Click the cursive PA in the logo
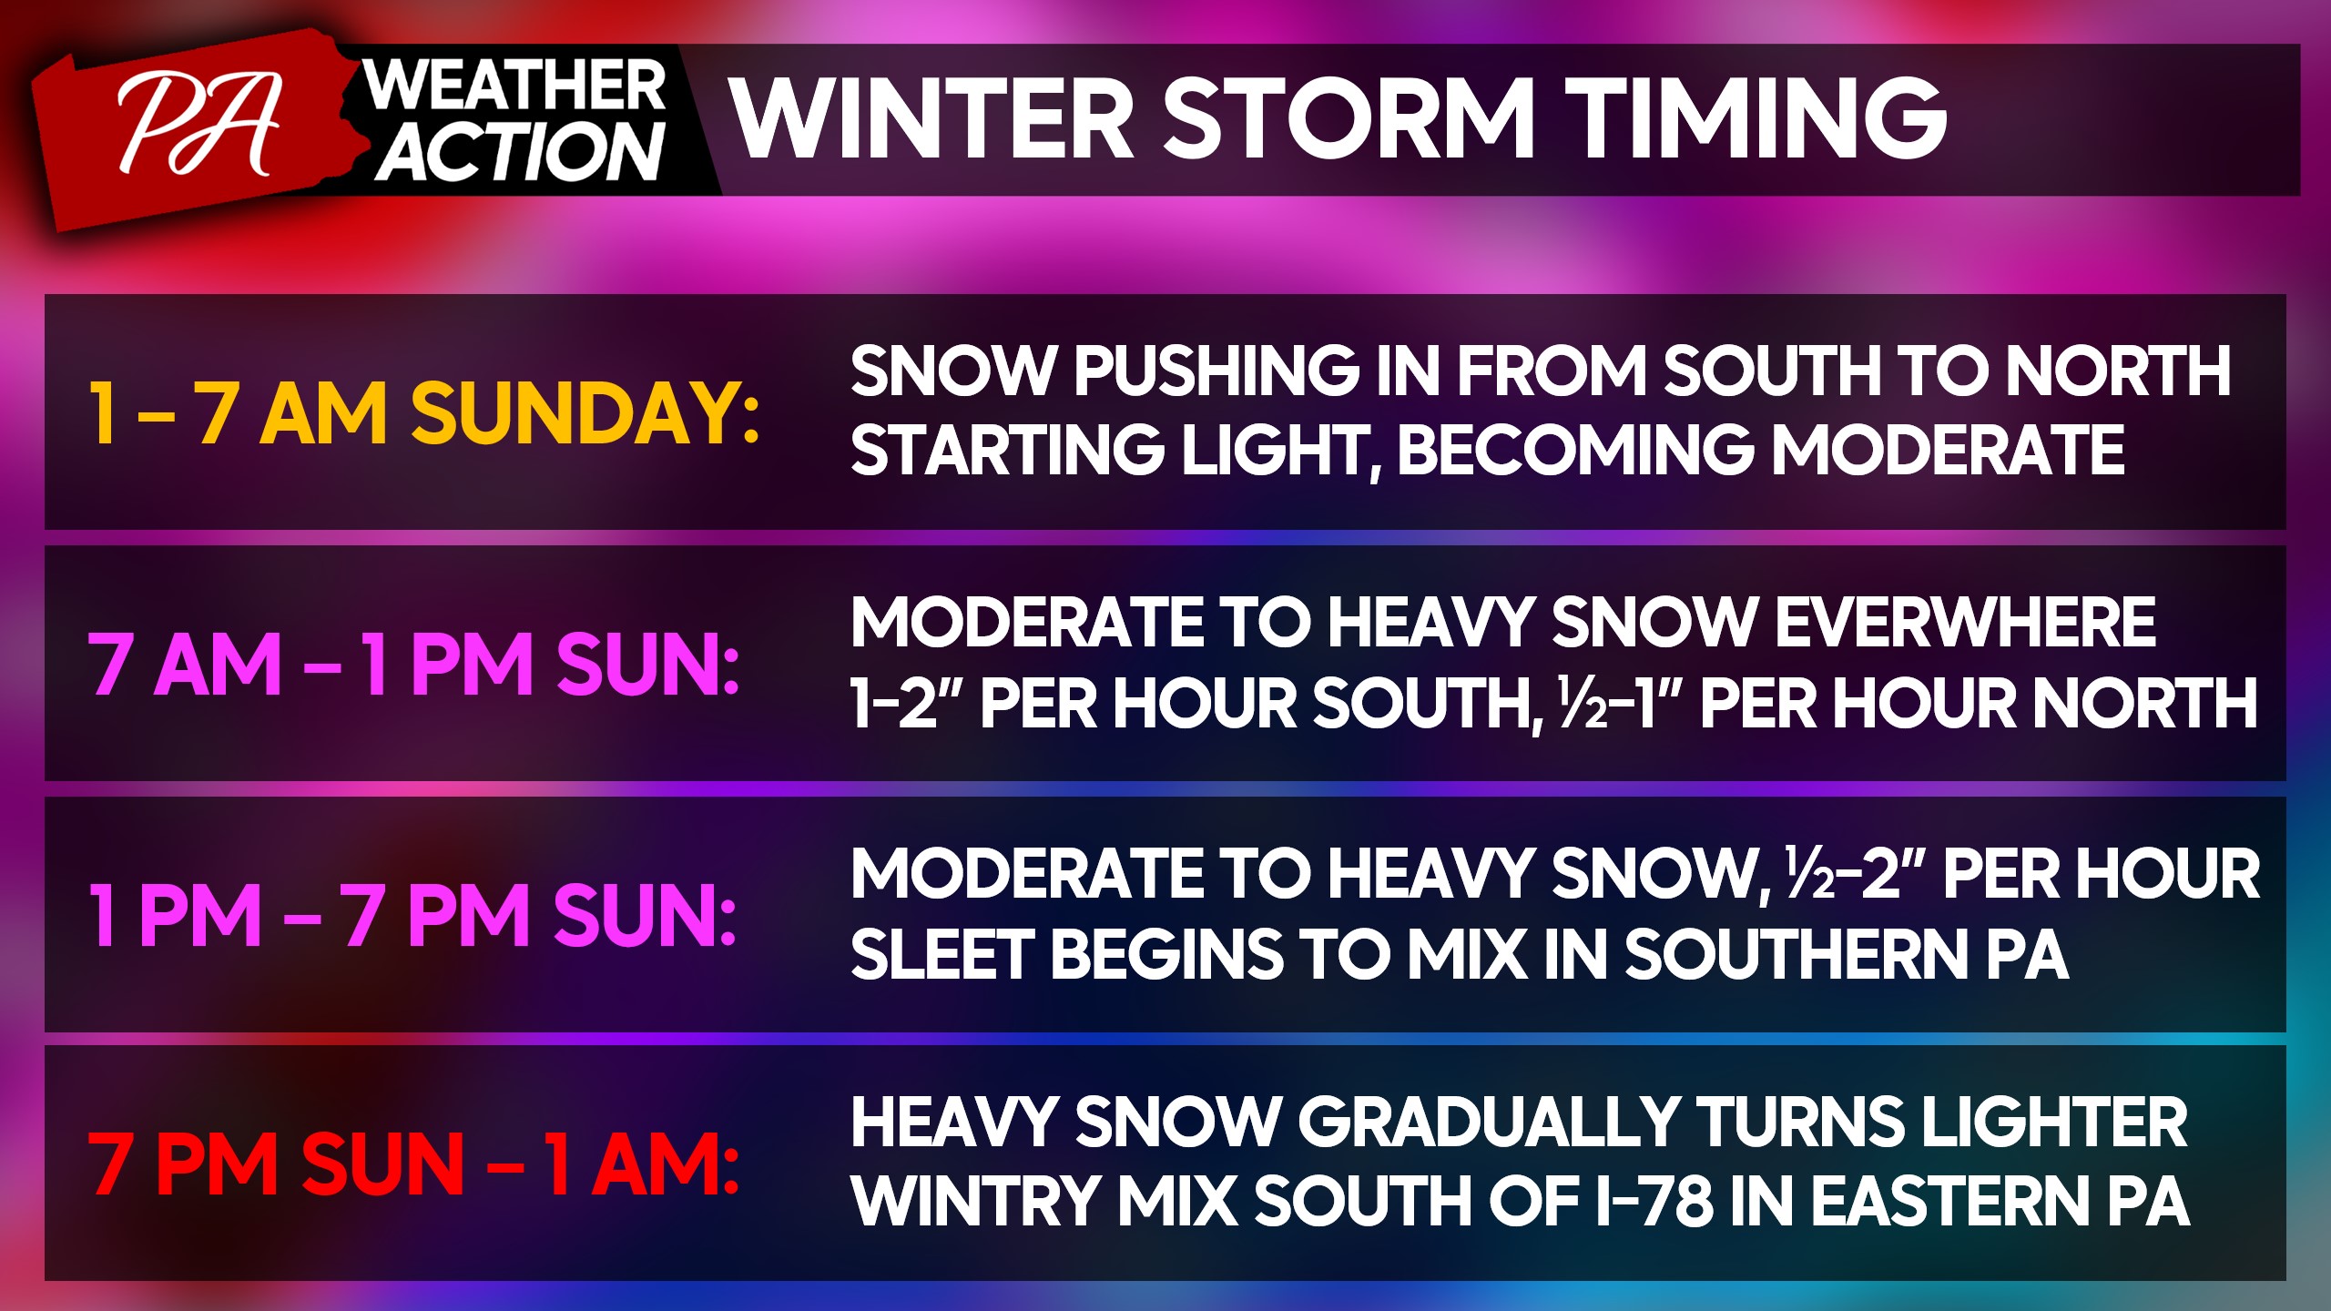tap(198, 125)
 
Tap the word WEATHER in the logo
tap(515, 86)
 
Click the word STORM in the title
tap(1349, 117)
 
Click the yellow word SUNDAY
tap(585, 413)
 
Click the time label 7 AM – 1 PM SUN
tap(413, 665)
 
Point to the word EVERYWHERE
tap(1965, 623)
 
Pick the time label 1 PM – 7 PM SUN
tap(412, 915)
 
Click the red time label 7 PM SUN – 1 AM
tap(413, 1165)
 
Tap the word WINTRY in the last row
tap(975, 1202)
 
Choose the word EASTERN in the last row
tap(1949, 1202)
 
